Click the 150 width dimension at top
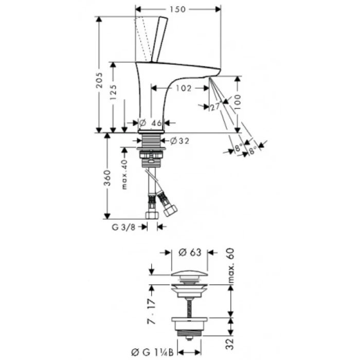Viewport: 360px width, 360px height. [x=180, y=9]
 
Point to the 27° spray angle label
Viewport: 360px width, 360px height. [x=215, y=107]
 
